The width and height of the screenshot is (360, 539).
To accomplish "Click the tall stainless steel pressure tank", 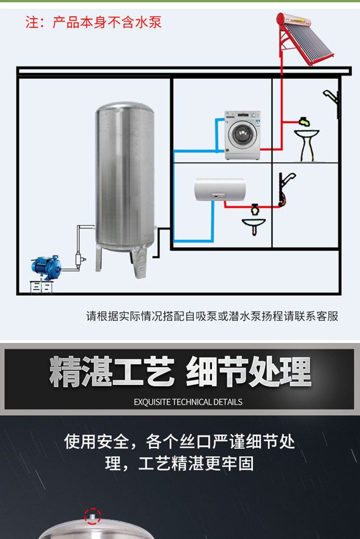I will [125, 178].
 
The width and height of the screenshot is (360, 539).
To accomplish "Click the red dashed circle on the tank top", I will [92, 516].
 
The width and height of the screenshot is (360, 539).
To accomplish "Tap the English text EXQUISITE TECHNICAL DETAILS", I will [188, 402].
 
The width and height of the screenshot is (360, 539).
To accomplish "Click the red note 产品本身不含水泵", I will [94, 22].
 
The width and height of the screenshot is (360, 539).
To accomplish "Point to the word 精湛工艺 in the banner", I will [111, 372].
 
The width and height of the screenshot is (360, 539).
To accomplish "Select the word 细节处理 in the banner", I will [248, 372].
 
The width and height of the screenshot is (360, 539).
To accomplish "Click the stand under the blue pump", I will [41, 286].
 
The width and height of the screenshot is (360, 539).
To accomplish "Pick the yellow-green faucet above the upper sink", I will [303, 121].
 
